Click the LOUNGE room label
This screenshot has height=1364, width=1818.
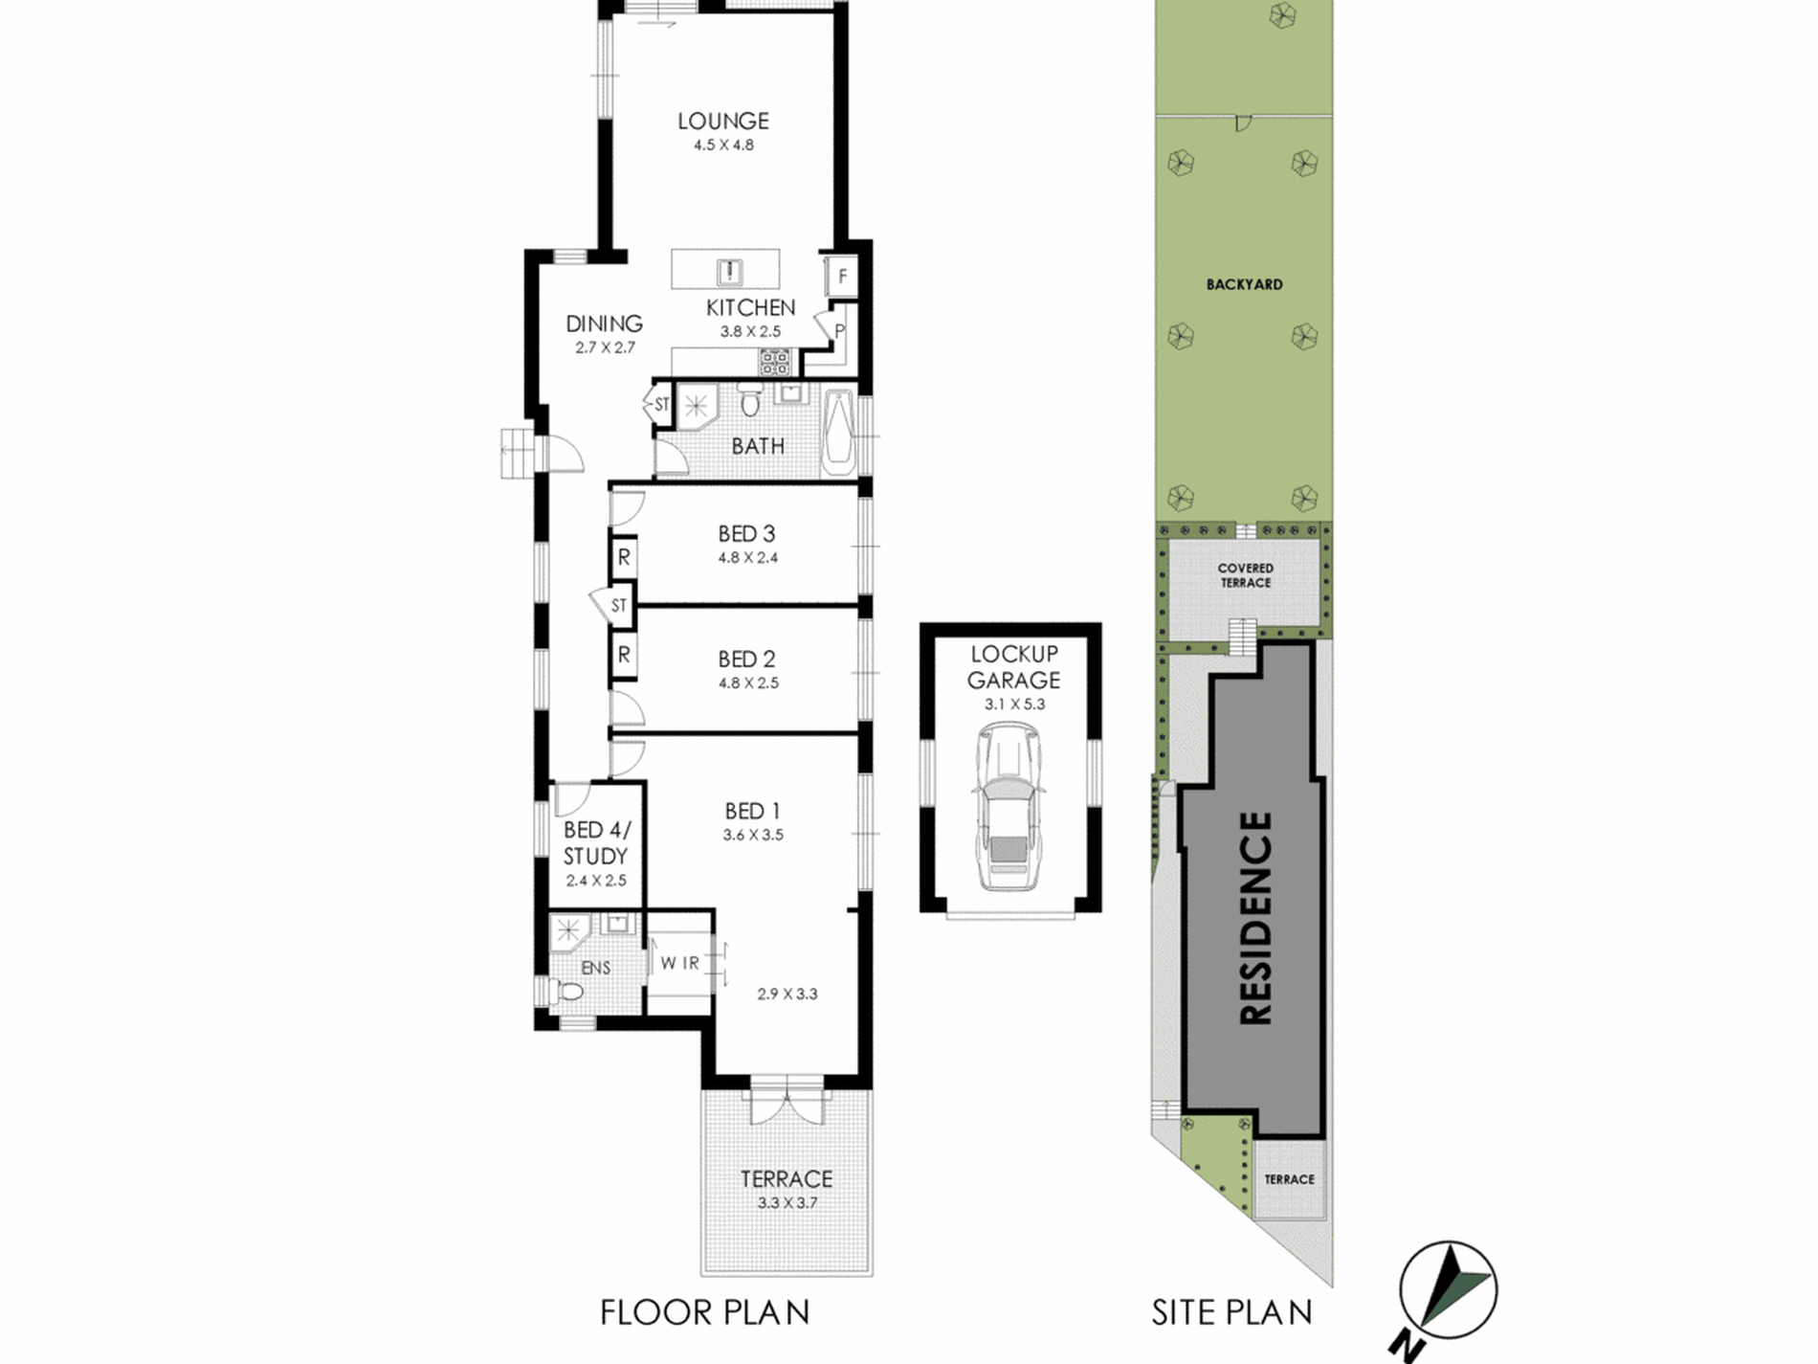pyautogui.click(x=722, y=122)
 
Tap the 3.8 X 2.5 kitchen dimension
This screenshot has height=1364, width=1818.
pyautogui.click(x=750, y=331)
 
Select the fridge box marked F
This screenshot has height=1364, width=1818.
pyautogui.click(x=842, y=277)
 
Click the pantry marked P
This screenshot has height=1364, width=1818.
pyautogui.click(x=839, y=331)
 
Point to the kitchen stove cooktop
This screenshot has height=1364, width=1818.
pyautogui.click(x=775, y=362)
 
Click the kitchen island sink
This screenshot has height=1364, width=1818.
pyautogui.click(x=729, y=271)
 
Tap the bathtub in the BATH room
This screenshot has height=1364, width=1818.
pyautogui.click(x=839, y=432)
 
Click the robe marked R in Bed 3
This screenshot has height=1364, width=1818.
pyautogui.click(x=624, y=556)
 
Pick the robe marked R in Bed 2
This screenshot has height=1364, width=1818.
pyautogui.click(x=624, y=655)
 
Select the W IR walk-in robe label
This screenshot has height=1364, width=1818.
pyautogui.click(x=680, y=963)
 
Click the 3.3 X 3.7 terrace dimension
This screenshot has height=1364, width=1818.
pyautogui.click(x=787, y=1203)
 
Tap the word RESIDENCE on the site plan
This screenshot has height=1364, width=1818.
pyautogui.click(x=1255, y=918)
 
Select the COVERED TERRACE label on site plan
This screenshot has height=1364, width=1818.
pyautogui.click(x=1245, y=575)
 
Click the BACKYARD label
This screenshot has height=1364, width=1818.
pyautogui.click(x=1244, y=284)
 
